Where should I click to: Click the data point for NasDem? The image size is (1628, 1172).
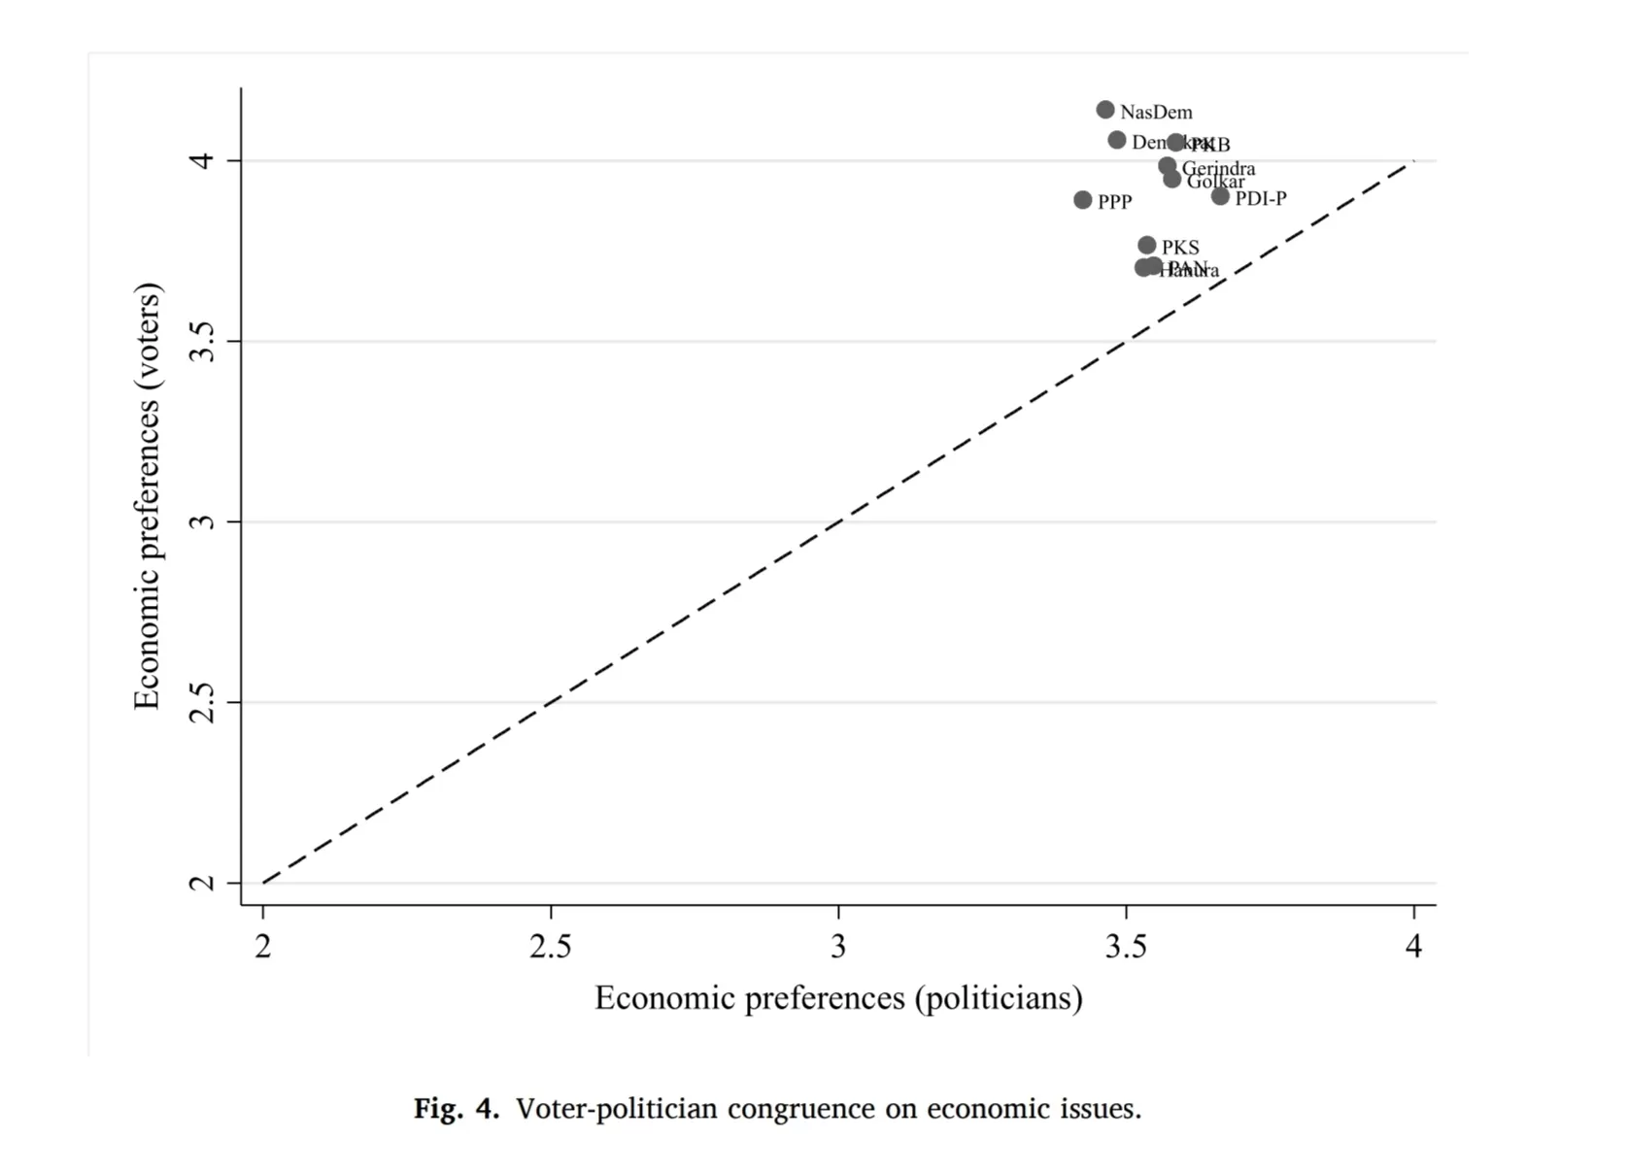1105,110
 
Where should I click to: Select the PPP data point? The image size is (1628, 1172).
1083,200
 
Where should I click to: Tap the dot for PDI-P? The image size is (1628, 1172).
1221,196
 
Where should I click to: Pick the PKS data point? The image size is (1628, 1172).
1147,246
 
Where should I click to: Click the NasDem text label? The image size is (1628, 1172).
1156,113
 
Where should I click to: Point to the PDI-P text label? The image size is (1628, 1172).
1261,199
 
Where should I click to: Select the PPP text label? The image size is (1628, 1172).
1115,202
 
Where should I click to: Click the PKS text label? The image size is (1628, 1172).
1180,248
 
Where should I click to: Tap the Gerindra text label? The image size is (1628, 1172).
1219,168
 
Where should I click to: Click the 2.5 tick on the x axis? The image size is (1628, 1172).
551,946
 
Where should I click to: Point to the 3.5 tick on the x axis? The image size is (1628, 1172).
1126,946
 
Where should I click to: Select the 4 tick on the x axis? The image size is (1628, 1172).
1413,946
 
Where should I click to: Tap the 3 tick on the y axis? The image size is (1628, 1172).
202,522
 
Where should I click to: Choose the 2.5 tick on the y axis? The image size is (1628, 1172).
202,702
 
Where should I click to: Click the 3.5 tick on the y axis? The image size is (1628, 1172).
202,342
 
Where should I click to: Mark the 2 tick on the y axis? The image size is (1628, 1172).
202,883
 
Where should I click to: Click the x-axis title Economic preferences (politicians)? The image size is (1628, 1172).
838,998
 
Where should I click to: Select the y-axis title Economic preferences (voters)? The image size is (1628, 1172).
147,496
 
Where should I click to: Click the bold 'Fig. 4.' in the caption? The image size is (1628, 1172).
456,1109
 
